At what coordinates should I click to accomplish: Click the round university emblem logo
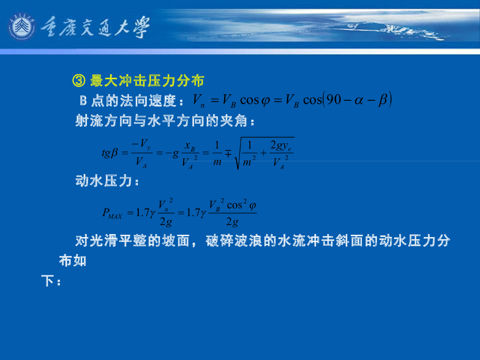click(22, 26)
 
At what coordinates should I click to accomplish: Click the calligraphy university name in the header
click(96, 27)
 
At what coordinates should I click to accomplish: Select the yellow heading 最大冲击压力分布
click(147, 81)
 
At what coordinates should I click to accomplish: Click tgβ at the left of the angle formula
click(112, 153)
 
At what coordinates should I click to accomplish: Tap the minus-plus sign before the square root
click(229, 153)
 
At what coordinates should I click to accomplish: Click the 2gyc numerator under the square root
click(281, 146)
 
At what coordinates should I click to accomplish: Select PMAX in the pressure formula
click(112, 215)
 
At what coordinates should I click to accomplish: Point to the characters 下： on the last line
click(51, 282)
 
